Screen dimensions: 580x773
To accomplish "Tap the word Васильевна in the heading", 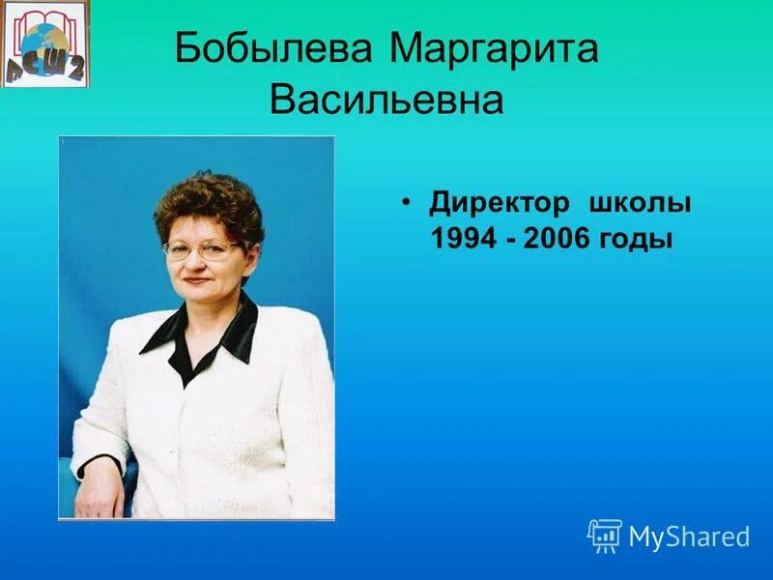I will tap(386, 100).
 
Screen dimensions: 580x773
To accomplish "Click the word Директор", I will tap(498, 204).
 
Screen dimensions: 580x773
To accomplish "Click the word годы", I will tap(638, 240).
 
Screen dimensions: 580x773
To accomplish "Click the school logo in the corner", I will tap(44, 44).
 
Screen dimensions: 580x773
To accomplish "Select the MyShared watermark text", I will tap(689, 536).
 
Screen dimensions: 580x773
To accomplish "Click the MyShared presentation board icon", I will tap(604, 536).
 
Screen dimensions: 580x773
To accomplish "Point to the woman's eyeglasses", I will tap(201, 249).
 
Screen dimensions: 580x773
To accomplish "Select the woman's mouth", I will tap(198, 281).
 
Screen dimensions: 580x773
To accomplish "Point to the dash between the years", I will tap(510, 240).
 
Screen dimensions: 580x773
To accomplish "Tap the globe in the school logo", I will tap(41, 43).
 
